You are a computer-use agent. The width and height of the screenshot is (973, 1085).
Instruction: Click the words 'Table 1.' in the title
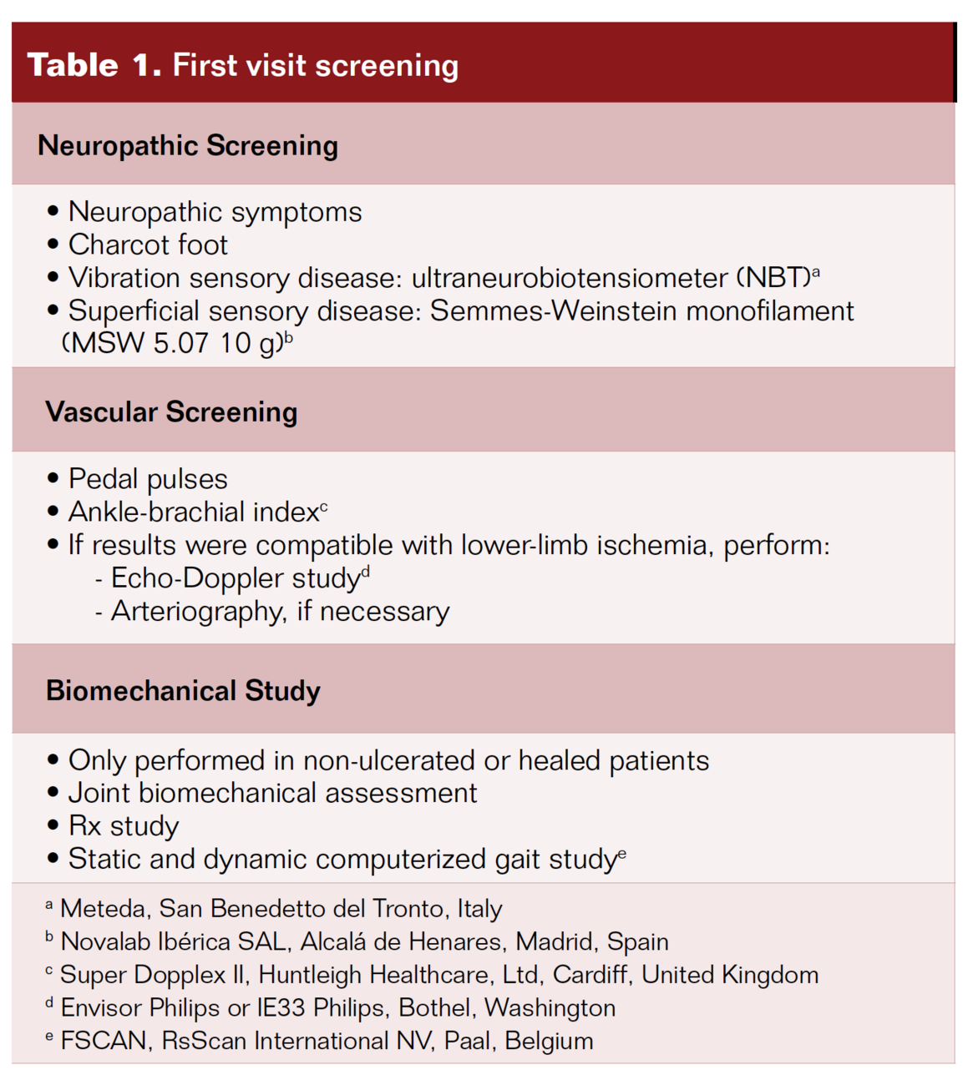(x=94, y=65)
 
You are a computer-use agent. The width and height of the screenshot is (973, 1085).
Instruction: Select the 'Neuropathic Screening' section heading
(x=188, y=145)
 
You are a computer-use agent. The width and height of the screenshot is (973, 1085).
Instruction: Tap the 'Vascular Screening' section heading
(x=171, y=411)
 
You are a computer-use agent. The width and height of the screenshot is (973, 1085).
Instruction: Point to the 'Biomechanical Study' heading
(x=183, y=690)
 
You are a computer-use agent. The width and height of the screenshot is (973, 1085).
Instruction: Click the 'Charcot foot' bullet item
(x=148, y=245)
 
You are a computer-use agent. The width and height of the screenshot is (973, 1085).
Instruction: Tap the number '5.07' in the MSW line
(x=180, y=343)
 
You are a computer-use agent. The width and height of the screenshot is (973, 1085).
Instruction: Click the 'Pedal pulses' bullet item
(x=148, y=479)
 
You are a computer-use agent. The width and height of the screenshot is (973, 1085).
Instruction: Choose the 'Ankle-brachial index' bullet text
(x=194, y=512)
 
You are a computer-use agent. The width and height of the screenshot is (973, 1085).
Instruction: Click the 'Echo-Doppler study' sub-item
(x=236, y=578)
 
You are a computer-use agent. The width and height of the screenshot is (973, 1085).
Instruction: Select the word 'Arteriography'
(x=197, y=611)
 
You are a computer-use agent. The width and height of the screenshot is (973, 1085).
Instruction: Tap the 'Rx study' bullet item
(x=124, y=825)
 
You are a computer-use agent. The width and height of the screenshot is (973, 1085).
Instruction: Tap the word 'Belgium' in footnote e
(x=549, y=1041)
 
